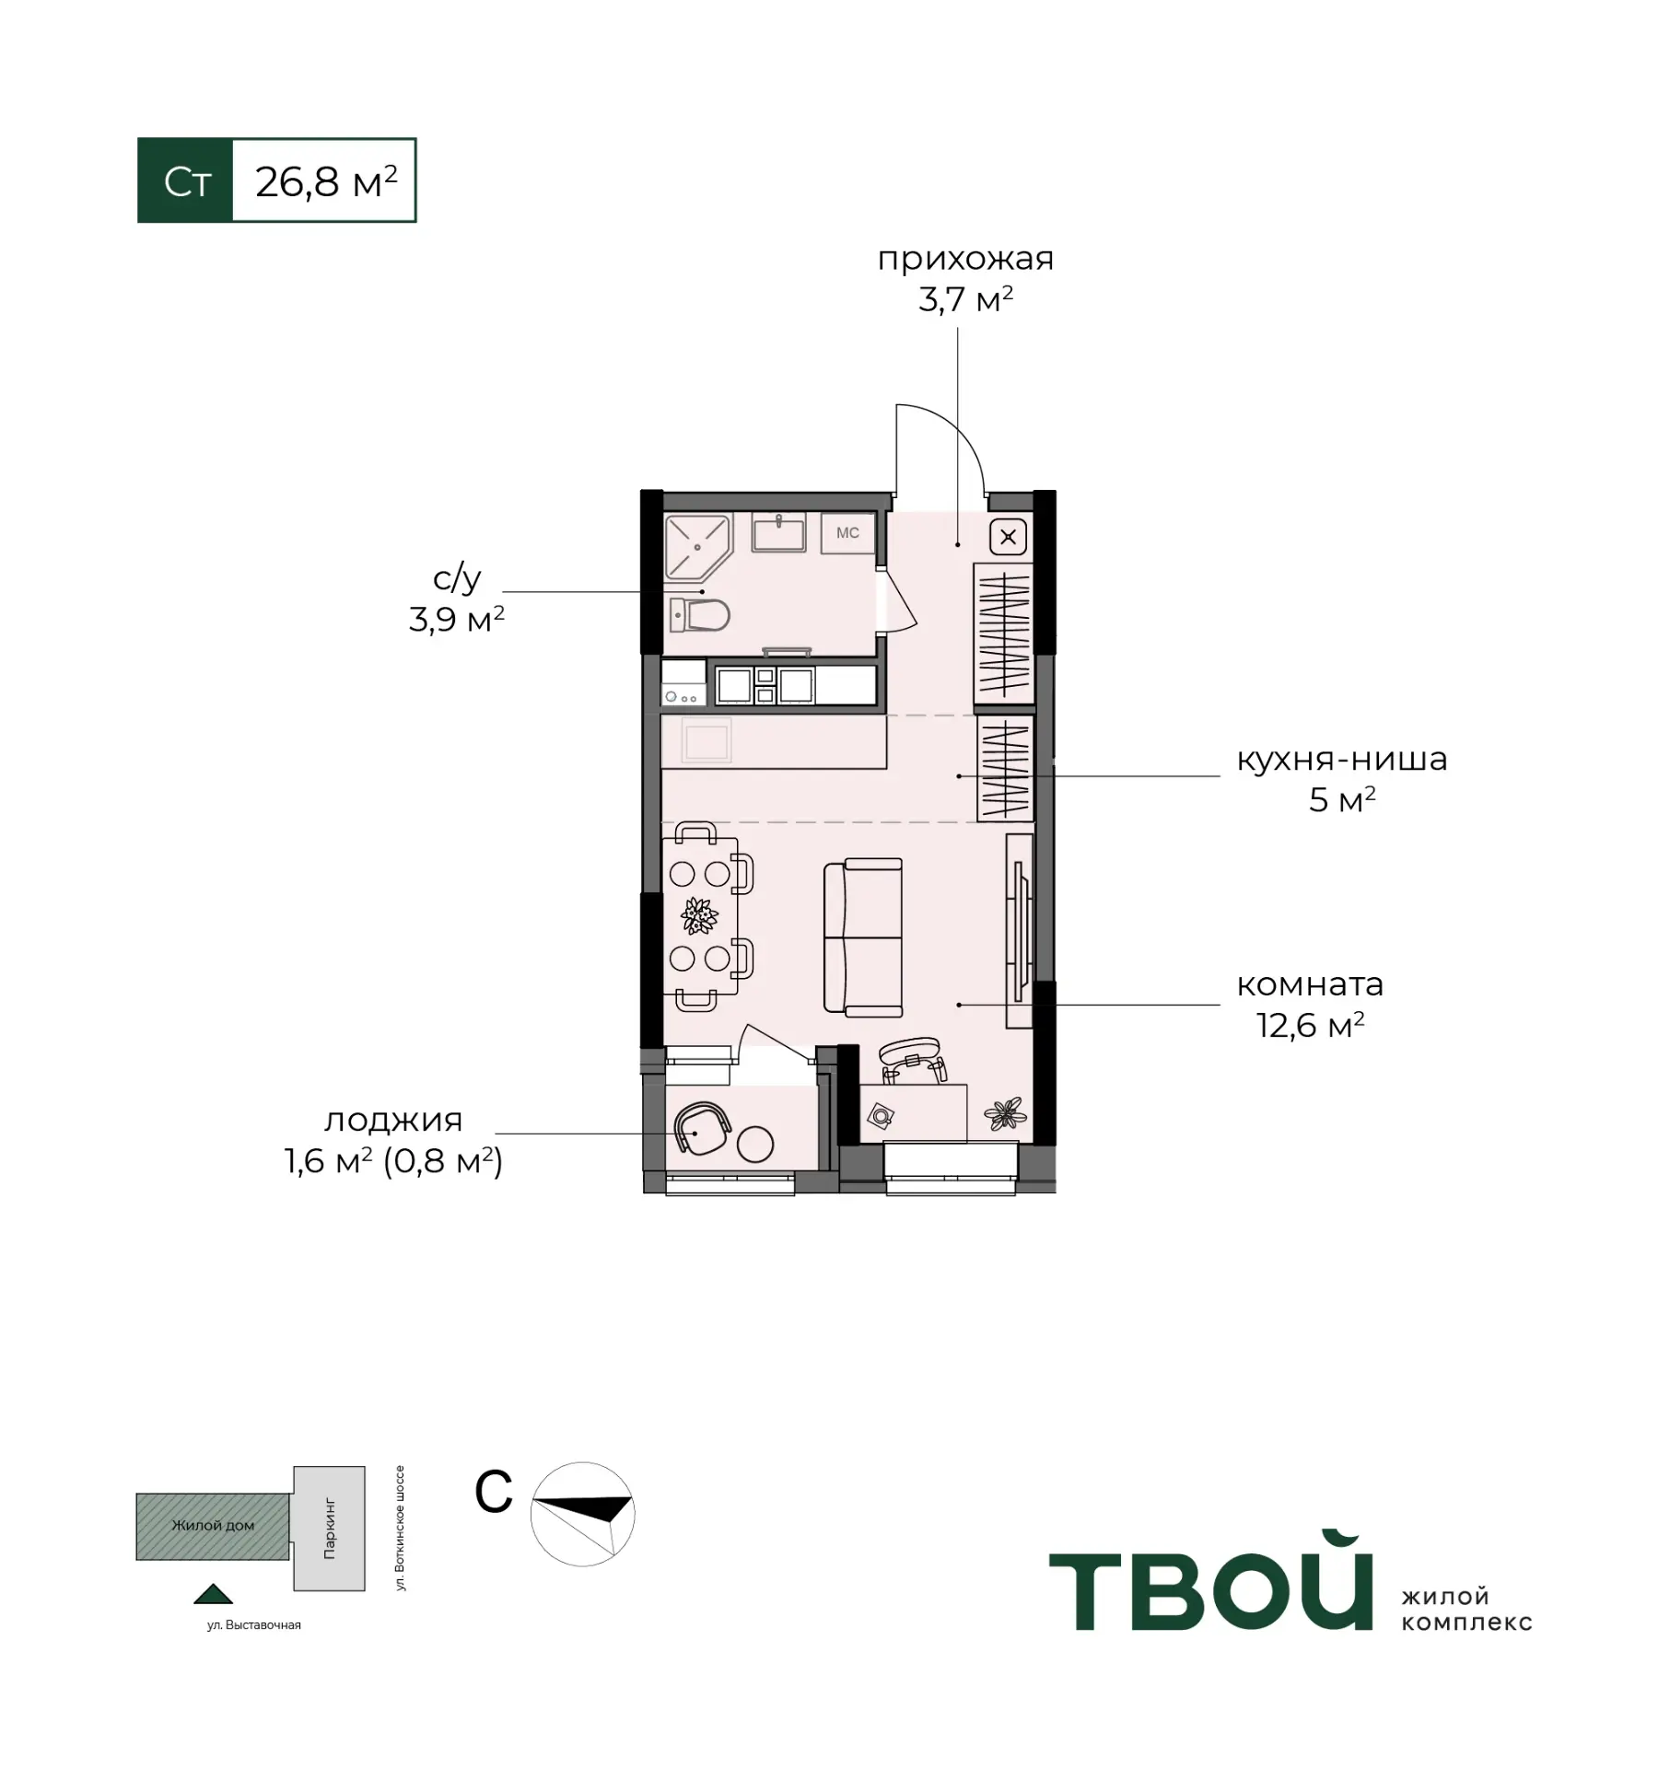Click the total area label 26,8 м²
pyautogui.click(x=326, y=181)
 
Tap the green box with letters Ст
pyautogui.click(x=185, y=180)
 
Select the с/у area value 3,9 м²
pyautogui.click(x=457, y=620)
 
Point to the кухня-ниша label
pyautogui.click(x=1341, y=759)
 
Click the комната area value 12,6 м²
pyautogui.click(x=1311, y=1025)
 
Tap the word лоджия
pyautogui.click(x=393, y=1121)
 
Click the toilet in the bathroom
pyautogui.click(x=699, y=614)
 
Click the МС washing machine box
pyautogui.click(x=847, y=533)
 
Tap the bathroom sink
pyautogui.click(x=778, y=532)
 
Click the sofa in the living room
pyautogui.click(x=862, y=937)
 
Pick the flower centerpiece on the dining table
pyautogui.click(x=700, y=916)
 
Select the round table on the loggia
pyautogui.click(x=755, y=1144)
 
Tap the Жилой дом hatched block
pyautogui.click(x=213, y=1527)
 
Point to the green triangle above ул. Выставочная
pyautogui.click(x=213, y=1594)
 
